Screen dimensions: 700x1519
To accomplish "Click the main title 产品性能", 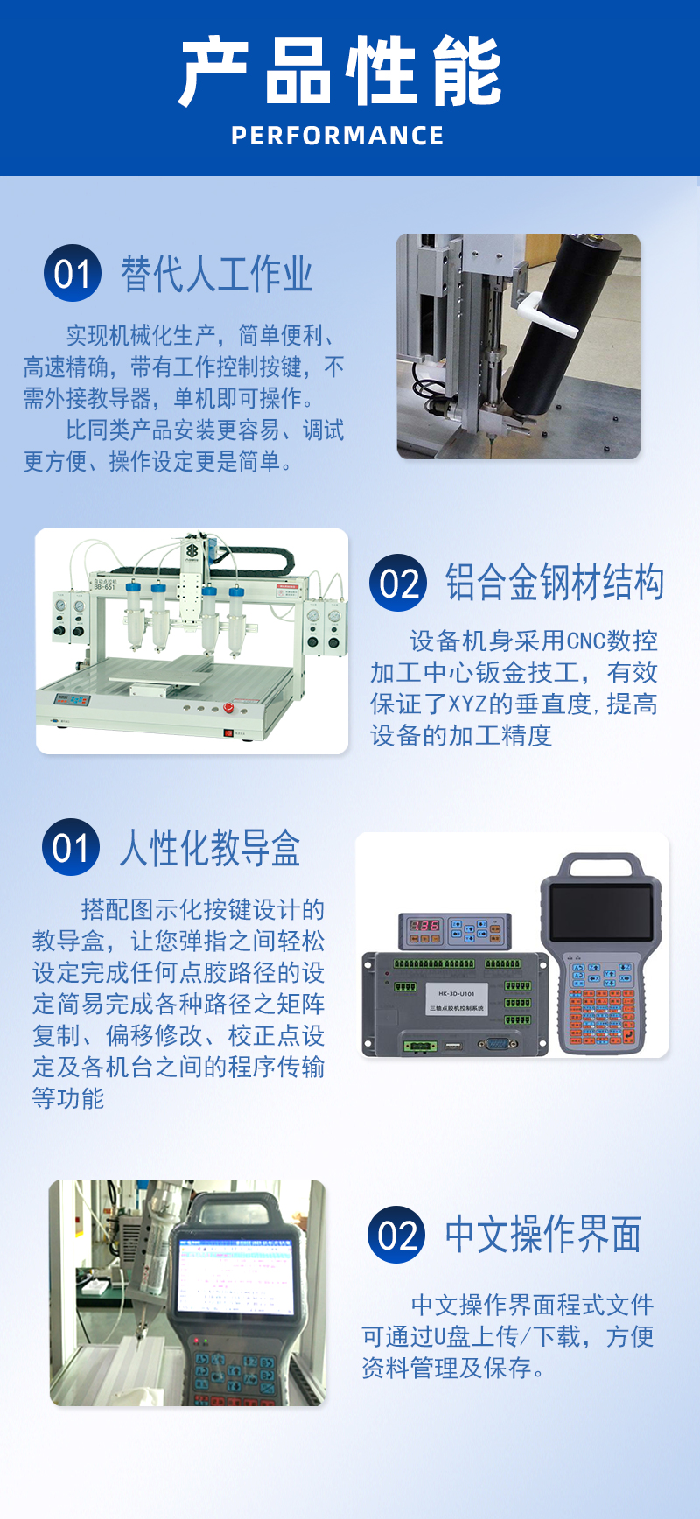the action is click(x=340, y=72).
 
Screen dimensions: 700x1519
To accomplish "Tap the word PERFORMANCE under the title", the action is click(x=338, y=136).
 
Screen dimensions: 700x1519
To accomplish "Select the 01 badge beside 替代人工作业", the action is click(x=73, y=273).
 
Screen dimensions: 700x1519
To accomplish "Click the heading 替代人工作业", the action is click(x=216, y=274).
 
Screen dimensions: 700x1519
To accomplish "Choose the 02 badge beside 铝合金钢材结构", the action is click(x=398, y=583).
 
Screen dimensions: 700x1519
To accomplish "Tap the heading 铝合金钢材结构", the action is click(x=555, y=583).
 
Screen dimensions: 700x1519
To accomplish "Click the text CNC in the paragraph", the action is click(x=585, y=641).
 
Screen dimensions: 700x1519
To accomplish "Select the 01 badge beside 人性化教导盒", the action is click(x=71, y=847).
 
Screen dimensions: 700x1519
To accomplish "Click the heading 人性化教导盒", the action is click(x=210, y=848).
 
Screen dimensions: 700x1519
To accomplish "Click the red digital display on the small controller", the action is click(x=425, y=925).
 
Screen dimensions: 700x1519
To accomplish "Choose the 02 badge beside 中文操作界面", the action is click(x=396, y=1235).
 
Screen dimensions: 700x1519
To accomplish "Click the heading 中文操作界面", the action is click(x=543, y=1235).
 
